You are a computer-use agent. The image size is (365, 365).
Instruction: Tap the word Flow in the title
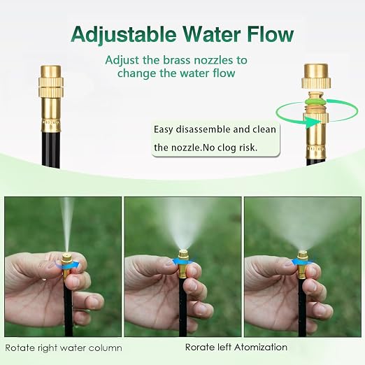pos(271,34)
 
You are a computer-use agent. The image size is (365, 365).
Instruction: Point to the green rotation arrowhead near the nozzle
pos(312,122)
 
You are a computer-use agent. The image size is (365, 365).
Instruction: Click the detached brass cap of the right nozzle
pos(316,76)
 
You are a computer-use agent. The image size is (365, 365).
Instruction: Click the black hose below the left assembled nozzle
pos(51,149)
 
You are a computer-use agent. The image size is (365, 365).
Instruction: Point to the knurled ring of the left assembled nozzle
pos(51,86)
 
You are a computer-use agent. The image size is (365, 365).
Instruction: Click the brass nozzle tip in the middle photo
pos(183,255)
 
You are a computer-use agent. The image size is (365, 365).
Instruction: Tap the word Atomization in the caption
pos(261,348)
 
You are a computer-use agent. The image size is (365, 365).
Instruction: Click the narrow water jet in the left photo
pos(67,224)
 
